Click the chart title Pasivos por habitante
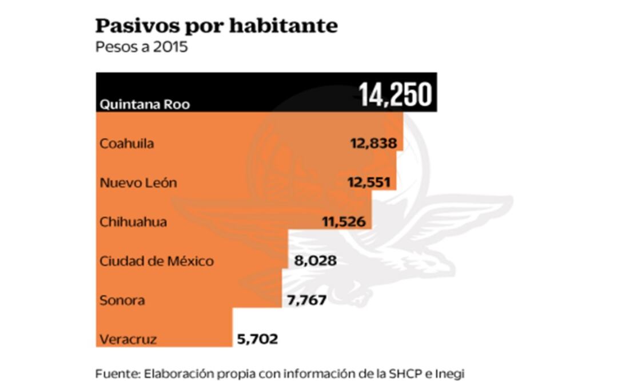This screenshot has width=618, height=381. click(216, 26)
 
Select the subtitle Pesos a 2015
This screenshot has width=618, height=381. click(141, 46)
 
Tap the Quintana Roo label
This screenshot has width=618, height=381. click(145, 105)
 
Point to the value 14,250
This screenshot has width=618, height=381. click(395, 95)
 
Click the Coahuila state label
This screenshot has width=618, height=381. click(126, 144)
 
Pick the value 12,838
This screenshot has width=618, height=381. click(373, 144)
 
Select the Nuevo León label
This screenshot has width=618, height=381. click(138, 183)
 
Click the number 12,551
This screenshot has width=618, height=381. click(369, 183)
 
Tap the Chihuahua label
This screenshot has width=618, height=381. click(133, 222)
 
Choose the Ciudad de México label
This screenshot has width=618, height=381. click(157, 261)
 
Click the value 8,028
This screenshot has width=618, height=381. click(315, 261)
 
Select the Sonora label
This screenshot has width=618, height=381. click(122, 300)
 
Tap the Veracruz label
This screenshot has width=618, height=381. click(127, 339)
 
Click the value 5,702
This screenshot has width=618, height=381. click(257, 339)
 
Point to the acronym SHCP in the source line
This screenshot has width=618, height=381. click(406, 374)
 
